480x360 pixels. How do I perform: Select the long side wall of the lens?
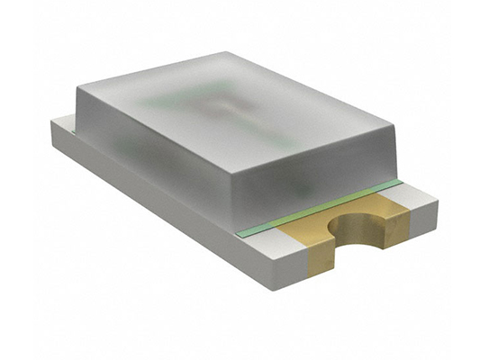click(153, 153)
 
